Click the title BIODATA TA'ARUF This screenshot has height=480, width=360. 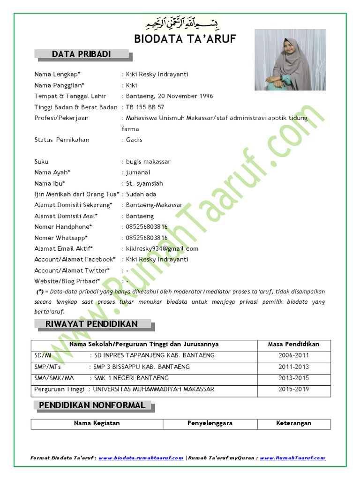185,39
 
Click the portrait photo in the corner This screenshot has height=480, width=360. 290,60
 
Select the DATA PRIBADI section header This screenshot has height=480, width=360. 82,54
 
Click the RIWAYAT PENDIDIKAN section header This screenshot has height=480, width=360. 91,324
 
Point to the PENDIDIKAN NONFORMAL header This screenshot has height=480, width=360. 92,405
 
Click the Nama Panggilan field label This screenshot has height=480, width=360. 59,85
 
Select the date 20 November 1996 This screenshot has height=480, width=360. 186,96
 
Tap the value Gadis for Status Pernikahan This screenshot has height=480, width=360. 134,140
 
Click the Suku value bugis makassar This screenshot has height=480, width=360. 148,162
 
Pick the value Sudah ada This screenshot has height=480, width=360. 141,194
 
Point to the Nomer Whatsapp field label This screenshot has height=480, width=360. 61,238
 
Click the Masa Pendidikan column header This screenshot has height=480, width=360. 293,344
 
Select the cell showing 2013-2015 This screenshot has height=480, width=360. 293,378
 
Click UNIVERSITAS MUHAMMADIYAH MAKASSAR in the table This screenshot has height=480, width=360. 154,389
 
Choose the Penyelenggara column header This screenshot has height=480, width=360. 210,423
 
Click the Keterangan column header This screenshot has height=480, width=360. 293,423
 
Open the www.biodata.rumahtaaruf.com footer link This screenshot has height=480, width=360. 141,458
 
